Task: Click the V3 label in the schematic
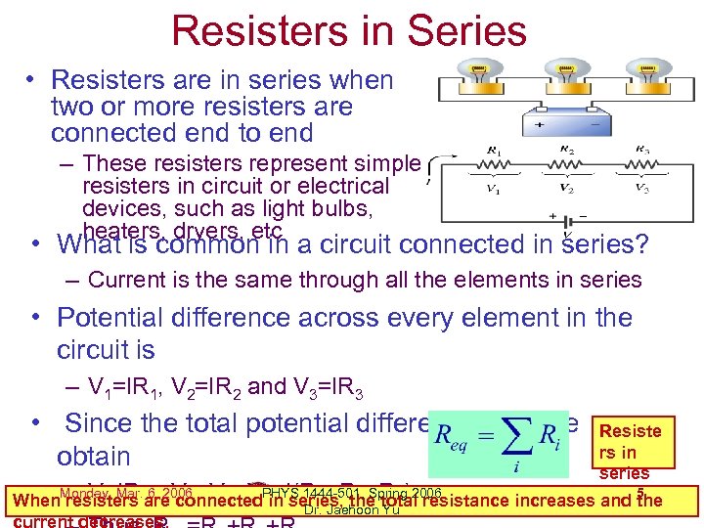point(641,188)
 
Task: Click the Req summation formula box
point(497,445)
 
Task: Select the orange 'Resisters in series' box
point(630,451)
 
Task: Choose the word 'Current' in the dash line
point(132,280)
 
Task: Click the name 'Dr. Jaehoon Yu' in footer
point(350,509)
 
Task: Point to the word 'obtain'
point(94,456)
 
